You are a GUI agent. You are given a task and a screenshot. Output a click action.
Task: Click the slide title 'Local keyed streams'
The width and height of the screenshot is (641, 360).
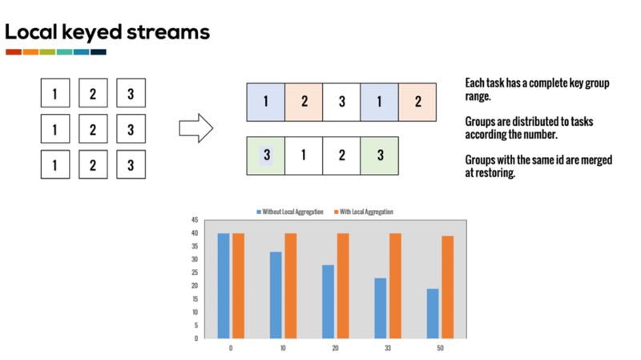pos(107,32)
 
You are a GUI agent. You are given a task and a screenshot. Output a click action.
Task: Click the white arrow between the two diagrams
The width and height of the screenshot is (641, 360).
pos(195,127)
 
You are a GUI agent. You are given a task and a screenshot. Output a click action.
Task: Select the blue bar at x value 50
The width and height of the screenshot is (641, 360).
pos(433,313)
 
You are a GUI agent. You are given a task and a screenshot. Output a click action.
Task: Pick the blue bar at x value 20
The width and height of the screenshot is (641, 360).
pos(329,301)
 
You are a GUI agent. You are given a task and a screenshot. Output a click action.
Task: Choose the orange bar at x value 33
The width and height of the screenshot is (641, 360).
pos(395,285)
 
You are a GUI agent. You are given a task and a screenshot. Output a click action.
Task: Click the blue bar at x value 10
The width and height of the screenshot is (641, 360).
pos(276,295)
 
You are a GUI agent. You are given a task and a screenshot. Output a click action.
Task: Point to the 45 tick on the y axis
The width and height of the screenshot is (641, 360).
pos(195,220)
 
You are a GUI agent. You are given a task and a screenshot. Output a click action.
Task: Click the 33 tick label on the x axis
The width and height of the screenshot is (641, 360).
pos(388,348)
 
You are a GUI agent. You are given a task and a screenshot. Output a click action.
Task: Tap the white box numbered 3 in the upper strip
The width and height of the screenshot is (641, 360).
pos(341,101)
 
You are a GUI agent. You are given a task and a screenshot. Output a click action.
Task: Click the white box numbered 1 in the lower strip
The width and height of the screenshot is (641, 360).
pos(304,155)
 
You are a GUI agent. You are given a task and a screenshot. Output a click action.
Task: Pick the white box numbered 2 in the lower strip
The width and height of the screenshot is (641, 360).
pos(341,155)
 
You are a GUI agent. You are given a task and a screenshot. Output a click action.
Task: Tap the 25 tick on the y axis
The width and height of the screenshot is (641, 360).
pos(195,273)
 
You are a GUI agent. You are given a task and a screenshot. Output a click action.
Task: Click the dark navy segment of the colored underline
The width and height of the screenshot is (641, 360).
pos(99,52)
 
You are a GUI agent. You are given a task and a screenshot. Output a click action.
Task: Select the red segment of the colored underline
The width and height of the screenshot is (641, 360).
pos(14,52)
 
